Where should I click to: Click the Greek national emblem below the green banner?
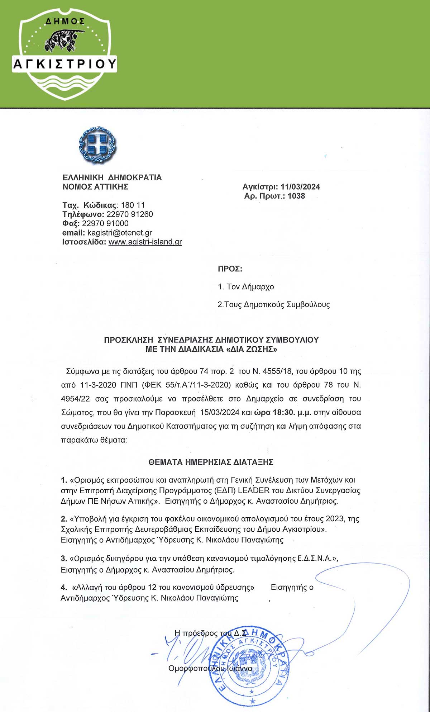[x=97, y=145]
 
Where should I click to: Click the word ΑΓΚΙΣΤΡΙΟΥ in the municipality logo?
[x=65, y=64]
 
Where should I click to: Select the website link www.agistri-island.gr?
[x=145, y=242]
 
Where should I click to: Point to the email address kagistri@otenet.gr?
[x=120, y=233]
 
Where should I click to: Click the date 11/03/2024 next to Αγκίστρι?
[x=300, y=187]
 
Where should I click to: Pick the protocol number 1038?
[x=296, y=196]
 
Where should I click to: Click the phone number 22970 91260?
[x=130, y=214]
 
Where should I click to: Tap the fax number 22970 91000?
[x=105, y=223]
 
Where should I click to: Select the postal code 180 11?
[x=133, y=205]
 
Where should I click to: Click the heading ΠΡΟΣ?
[x=230, y=269]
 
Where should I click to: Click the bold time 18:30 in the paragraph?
[x=284, y=412]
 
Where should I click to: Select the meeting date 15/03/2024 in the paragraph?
[x=220, y=412]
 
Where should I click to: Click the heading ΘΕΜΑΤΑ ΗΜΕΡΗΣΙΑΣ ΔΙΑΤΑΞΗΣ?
[x=211, y=462]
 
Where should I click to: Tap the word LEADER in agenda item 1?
[x=253, y=490]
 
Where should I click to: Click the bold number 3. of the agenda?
[x=64, y=559]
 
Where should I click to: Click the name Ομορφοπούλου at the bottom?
[x=196, y=668]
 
